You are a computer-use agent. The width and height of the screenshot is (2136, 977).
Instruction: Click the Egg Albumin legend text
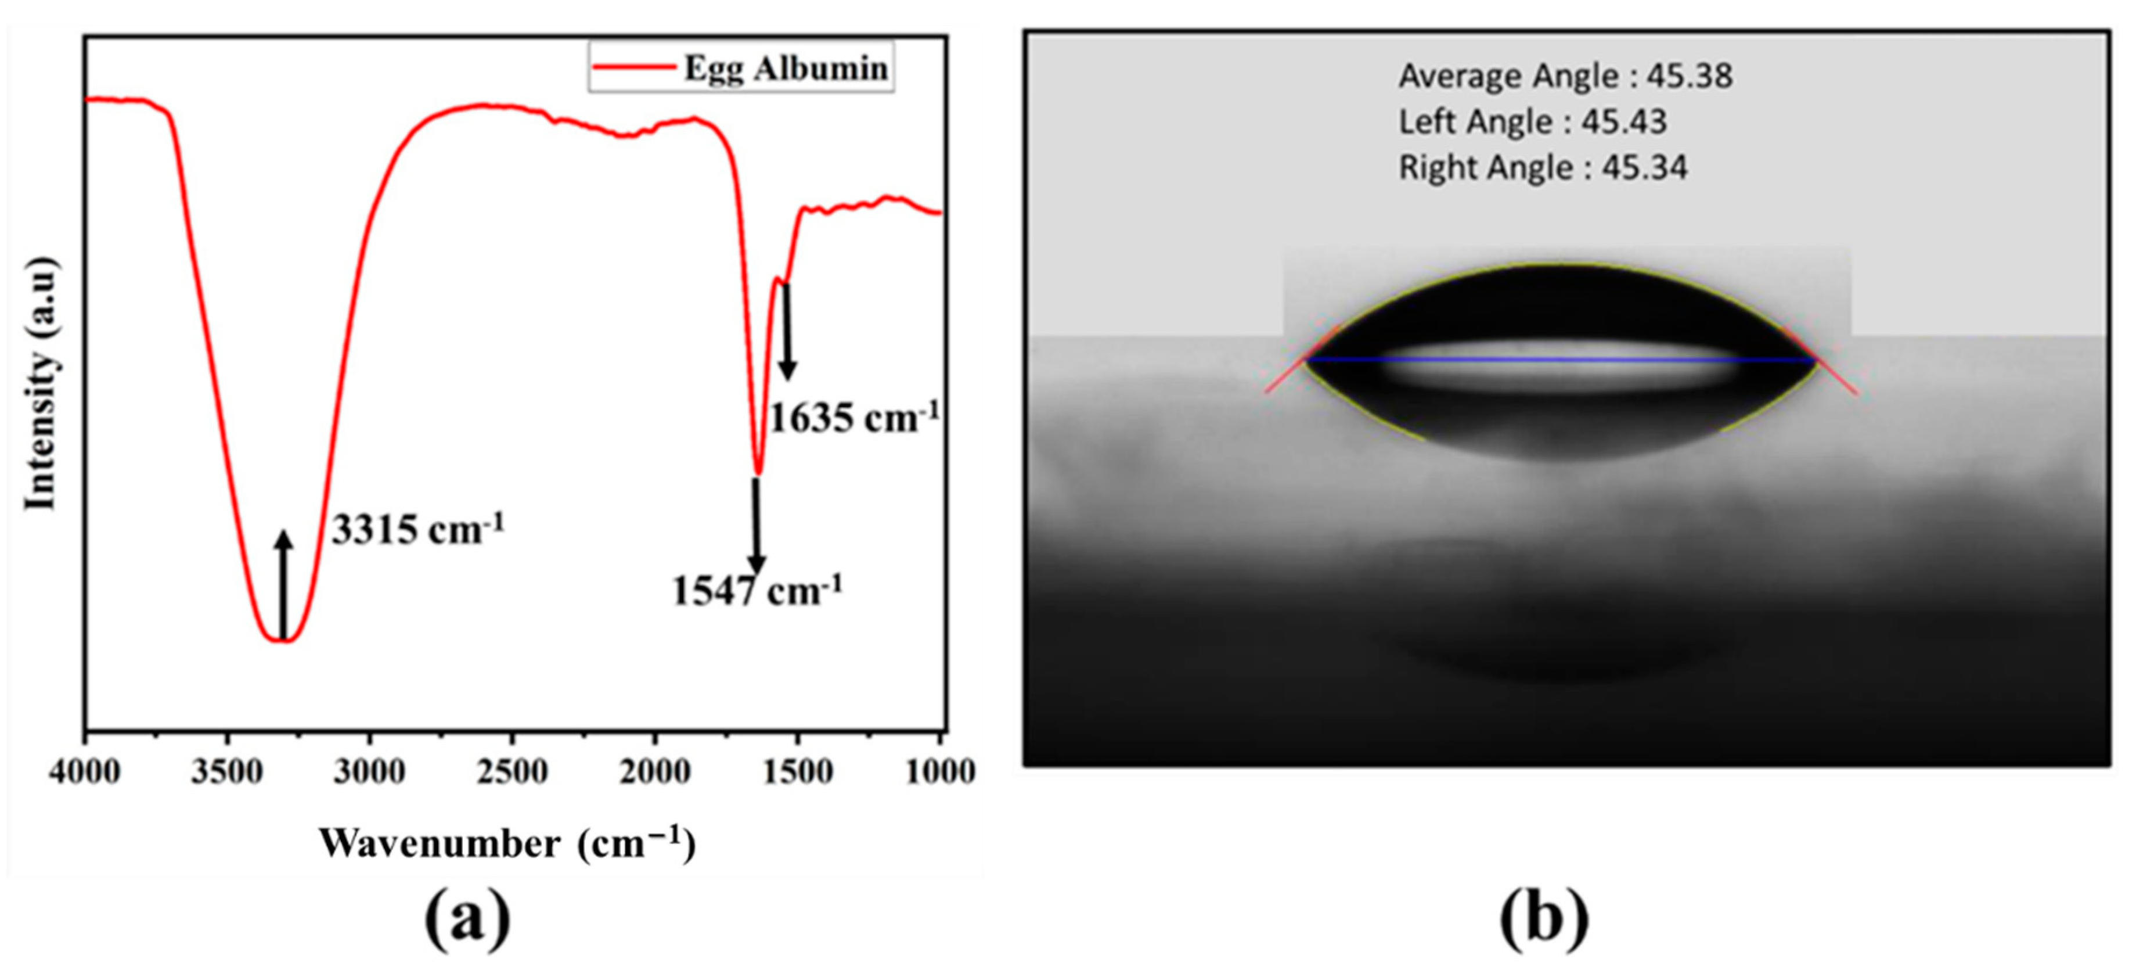pos(785,68)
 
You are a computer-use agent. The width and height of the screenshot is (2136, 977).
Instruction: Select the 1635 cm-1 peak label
pos(855,417)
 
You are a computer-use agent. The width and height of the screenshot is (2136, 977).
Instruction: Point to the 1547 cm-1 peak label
pos(757,591)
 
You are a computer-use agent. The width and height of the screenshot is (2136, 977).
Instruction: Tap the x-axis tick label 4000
pos(84,771)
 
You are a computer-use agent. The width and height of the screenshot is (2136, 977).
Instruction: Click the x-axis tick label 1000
pos(939,771)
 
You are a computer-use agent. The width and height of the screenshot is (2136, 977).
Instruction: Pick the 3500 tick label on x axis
pos(227,771)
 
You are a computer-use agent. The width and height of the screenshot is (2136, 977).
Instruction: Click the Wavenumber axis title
pos(507,843)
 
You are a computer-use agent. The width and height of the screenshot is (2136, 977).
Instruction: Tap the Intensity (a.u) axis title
pos(41,383)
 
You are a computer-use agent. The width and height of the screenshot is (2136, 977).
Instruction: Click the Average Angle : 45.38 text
pos(1565,76)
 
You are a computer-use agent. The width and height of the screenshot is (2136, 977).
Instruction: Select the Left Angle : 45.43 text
pos(1532,122)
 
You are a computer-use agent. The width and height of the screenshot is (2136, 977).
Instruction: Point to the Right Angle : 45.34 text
pos(1542,167)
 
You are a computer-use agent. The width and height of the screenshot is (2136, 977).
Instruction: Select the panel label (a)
pos(467,919)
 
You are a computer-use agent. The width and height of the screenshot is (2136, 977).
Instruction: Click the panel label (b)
pos(1544,919)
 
